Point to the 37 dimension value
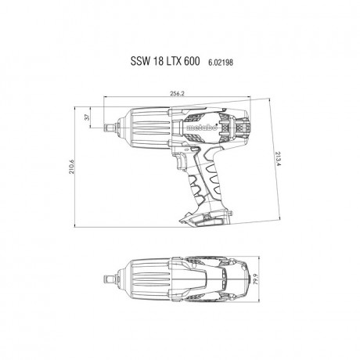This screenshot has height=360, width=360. [x=88, y=119]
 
